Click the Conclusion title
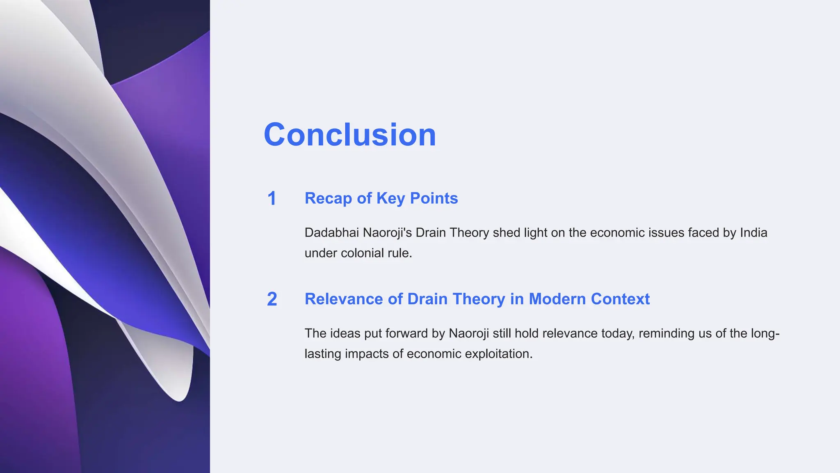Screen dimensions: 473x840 [349, 135]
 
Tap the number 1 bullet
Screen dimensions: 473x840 [272, 199]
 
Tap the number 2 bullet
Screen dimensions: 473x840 [272, 299]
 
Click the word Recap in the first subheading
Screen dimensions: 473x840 [328, 198]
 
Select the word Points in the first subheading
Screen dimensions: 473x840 [434, 198]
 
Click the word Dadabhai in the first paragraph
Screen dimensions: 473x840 [331, 233]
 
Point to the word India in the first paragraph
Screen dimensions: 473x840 [753, 233]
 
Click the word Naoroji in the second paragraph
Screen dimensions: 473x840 [468, 333]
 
